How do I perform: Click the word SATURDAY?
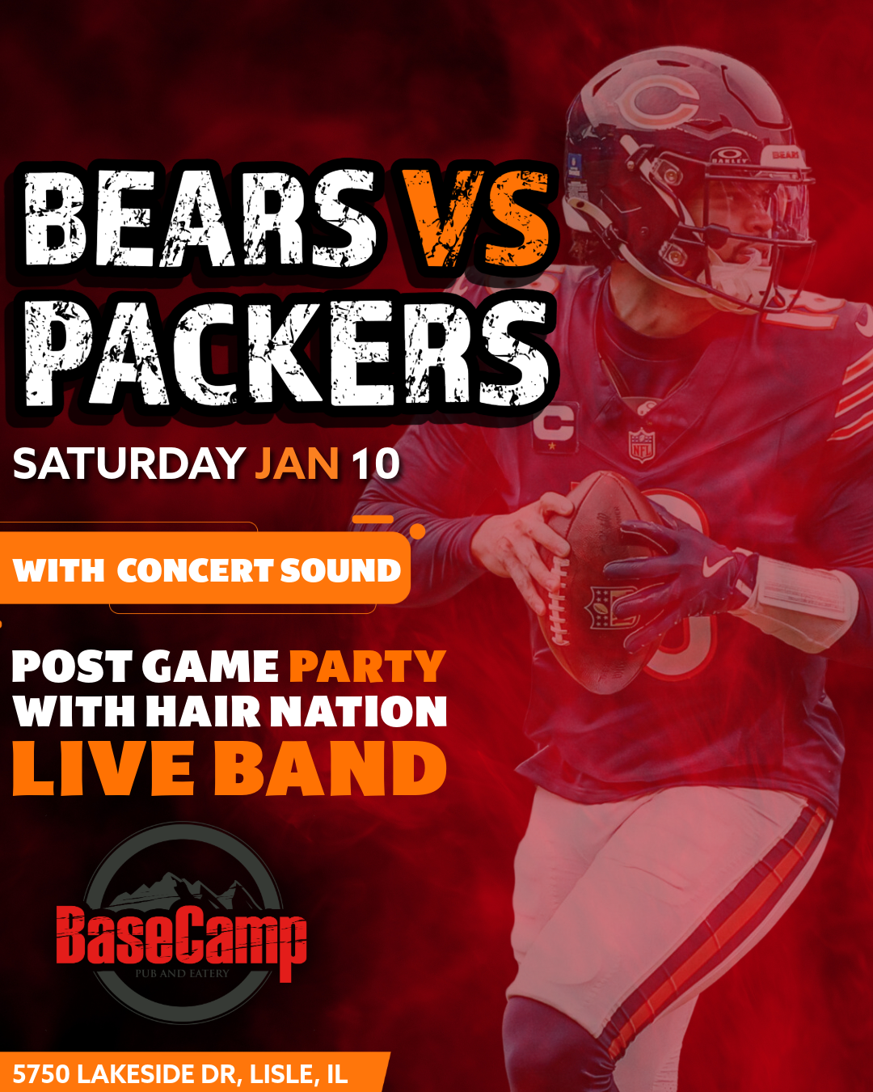(129, 464)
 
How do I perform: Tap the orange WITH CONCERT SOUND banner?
(207, 570)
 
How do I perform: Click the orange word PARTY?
(367, 667)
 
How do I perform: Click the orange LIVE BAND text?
(230, 768)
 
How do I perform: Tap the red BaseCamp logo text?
(181, 938)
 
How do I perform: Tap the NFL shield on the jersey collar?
(641, 444)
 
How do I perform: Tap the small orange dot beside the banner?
(418, 531)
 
